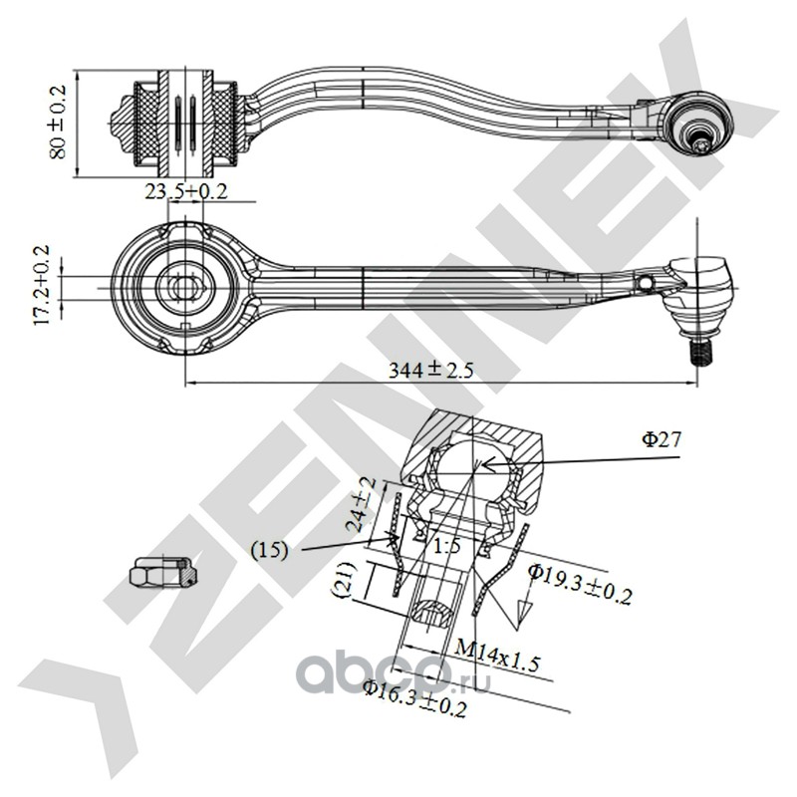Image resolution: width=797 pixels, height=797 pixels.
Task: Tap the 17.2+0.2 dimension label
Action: point(43,283)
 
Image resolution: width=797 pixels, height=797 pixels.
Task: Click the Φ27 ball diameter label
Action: point(663,437)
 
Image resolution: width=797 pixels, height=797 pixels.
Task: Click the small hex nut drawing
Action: point(159,573)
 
